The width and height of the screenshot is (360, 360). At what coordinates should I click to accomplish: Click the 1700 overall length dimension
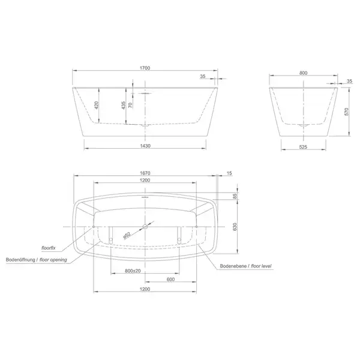(x=145, y=68)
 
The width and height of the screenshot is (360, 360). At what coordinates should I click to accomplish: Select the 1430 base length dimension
(x=145, y=146)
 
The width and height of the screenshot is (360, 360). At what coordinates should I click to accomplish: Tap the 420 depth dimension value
(x=97, y=105)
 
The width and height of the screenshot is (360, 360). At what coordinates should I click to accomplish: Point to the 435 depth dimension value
(x=124, y=105)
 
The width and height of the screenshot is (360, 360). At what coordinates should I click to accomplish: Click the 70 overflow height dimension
(x=130, y=105)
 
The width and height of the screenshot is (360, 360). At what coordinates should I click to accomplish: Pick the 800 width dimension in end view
(x=303, y=73)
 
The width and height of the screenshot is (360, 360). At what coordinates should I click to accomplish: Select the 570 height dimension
(x=346, y=112)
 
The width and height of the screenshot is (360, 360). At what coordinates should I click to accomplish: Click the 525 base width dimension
(x=303, y=147)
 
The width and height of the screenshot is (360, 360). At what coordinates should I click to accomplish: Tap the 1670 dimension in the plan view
(x=145, y=173)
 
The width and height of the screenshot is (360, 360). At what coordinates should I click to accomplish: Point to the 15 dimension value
(x=229, y=173)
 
